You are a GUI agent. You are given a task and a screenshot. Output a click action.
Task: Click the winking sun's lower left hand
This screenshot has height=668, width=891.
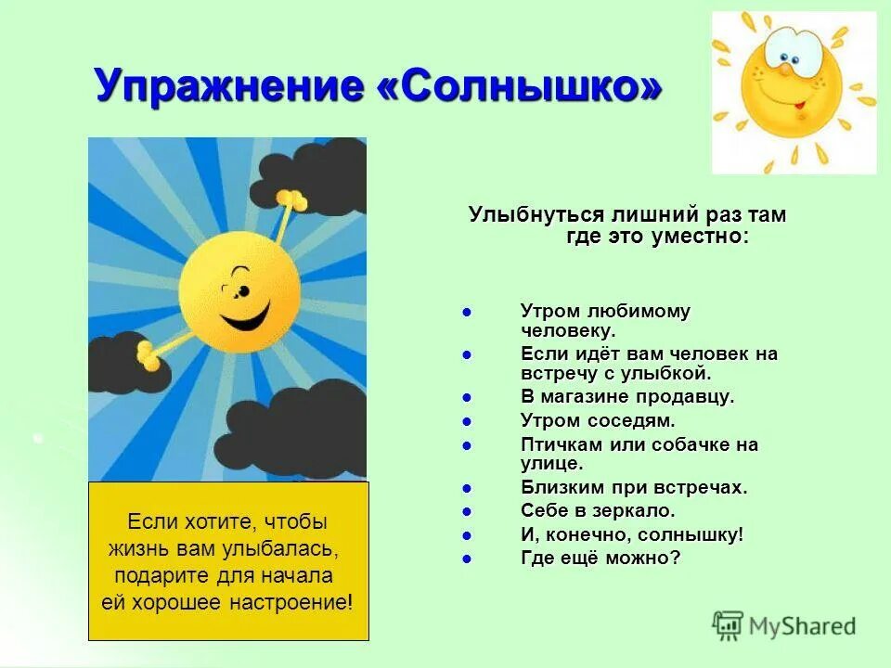pos(148,353)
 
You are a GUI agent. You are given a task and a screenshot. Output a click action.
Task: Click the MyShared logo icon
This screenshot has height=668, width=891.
pos(728,626)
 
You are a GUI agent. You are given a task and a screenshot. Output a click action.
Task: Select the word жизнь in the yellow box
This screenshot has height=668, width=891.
pos(137,547)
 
